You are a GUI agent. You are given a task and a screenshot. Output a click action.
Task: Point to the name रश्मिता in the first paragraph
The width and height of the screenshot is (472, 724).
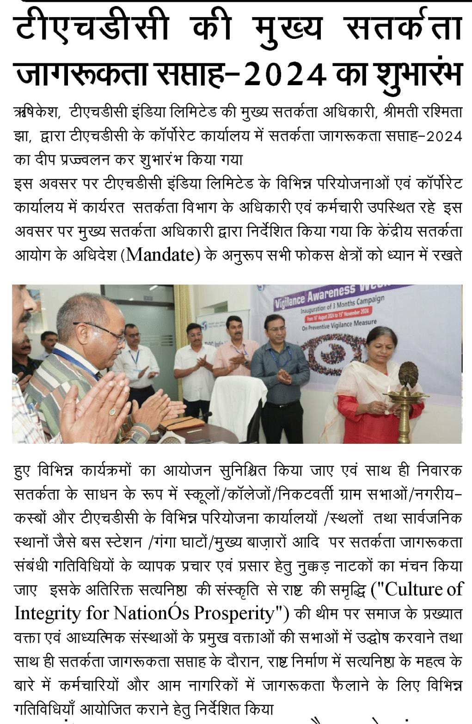443,112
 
